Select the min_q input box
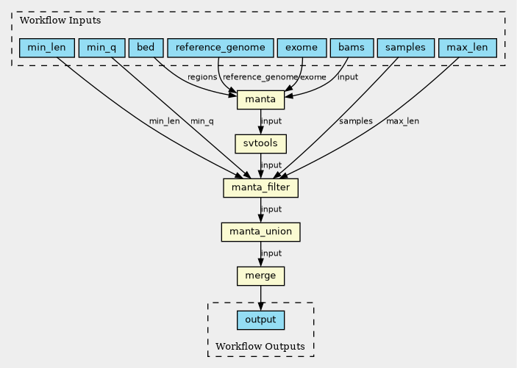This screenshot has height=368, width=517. pos(101,48)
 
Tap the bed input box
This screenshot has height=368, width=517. pos(146,48)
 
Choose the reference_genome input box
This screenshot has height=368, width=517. pos(221,48)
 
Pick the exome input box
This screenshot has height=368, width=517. pos(302,48)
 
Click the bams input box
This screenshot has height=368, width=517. pos(352,48)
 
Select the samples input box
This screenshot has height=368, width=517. pos(405,48)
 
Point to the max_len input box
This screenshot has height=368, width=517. pos(468,48)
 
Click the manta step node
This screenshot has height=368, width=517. pos(260,99)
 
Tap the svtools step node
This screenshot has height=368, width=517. pos(260,143)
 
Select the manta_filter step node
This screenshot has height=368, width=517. pos(260,188)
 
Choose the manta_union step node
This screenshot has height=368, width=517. pos(260,232)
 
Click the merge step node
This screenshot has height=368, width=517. pos(260,276)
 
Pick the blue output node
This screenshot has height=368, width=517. pos(260,320)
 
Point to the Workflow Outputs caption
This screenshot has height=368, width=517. pos(260,346)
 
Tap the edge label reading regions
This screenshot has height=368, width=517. pos(202,77)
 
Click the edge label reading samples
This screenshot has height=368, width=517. pos(356,121)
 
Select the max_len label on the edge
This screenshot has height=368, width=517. pos(402,121)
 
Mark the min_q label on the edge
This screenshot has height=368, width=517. pos(202,121)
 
